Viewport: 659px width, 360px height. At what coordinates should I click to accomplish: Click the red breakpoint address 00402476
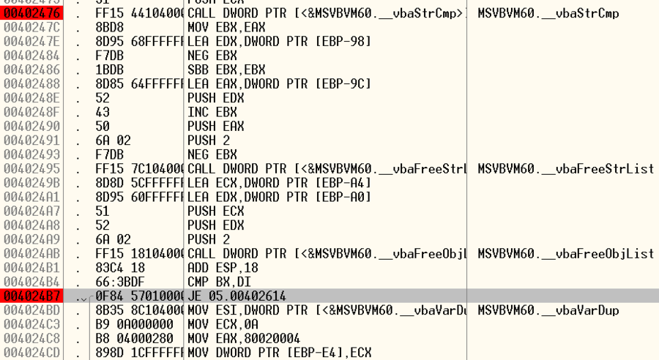[31, 13]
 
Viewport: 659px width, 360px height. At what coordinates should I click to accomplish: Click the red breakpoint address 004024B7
[31, 296]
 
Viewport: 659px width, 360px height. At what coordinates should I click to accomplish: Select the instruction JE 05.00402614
[237, 296]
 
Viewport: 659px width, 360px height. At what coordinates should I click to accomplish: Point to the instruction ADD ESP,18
[219, 268]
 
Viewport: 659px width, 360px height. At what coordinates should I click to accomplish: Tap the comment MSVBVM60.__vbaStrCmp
[545, 13]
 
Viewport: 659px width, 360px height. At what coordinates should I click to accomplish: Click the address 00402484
[31, 56]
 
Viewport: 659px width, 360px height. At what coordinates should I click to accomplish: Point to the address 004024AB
[31, 253]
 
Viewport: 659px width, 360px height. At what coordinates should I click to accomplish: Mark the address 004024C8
[31, 338]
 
